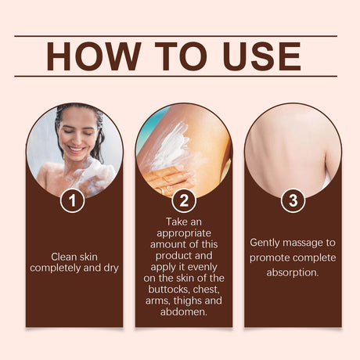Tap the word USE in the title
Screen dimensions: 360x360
[252, 56]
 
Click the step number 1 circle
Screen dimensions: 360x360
[73, 200]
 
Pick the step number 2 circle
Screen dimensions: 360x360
[183, 200]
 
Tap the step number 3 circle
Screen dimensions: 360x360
[292, 200]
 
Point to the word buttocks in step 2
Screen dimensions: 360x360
[164, 290]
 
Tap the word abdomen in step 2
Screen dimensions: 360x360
[183, 311]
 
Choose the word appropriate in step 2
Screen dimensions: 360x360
[183, 233]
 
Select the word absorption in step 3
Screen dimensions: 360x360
[292, 272]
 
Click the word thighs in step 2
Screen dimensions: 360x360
[186, 301]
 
